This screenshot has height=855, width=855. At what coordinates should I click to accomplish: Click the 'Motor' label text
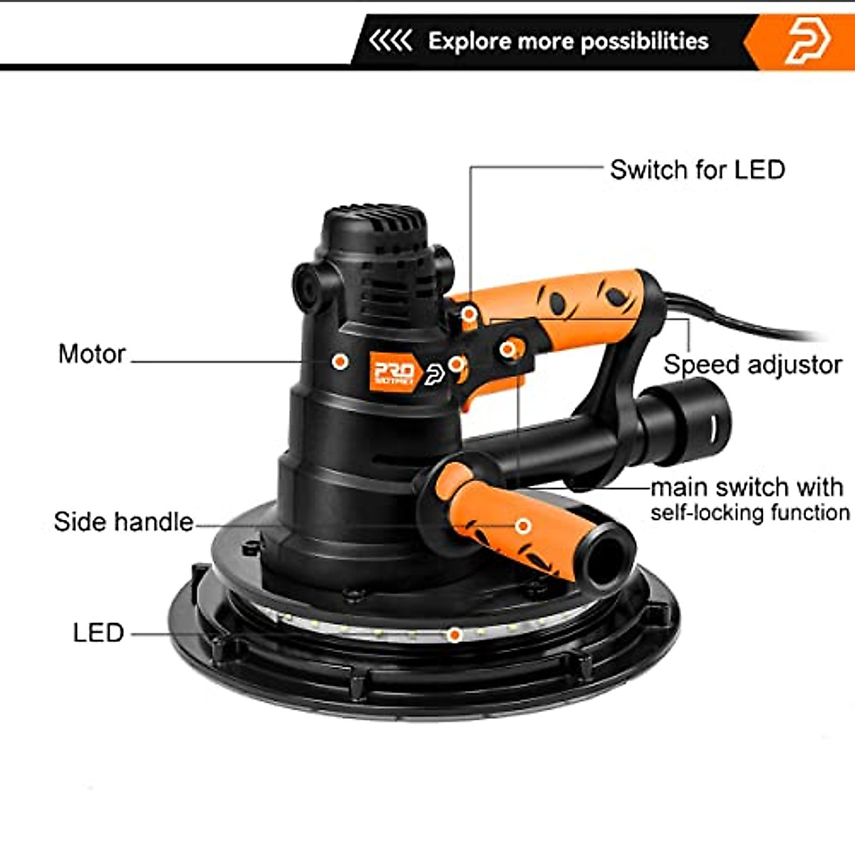pos(92,354)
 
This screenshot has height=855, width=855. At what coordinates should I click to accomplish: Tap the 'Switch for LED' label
pos(697,170)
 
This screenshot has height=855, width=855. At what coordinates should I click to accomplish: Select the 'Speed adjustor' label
pos(752,365)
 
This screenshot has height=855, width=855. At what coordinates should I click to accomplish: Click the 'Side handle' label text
pos(123,522)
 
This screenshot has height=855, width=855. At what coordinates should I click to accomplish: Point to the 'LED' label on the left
pos(98,633)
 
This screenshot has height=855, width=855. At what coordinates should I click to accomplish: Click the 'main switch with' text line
pos(747,487)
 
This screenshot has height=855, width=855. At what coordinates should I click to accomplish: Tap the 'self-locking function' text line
pos(750,513)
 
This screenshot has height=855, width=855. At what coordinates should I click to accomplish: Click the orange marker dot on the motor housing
pos(341,361)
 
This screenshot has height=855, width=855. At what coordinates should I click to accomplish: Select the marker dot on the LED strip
pos(454,633)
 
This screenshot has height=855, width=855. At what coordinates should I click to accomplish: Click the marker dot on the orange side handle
pos(523,526)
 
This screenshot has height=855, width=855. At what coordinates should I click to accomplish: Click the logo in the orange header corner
pos(808,41)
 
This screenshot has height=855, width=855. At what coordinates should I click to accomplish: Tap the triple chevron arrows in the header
pos(390,41)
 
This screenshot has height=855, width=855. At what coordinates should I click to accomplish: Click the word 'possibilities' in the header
pos(645,41)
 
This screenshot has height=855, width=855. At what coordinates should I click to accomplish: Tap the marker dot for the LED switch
pos(470,314)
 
